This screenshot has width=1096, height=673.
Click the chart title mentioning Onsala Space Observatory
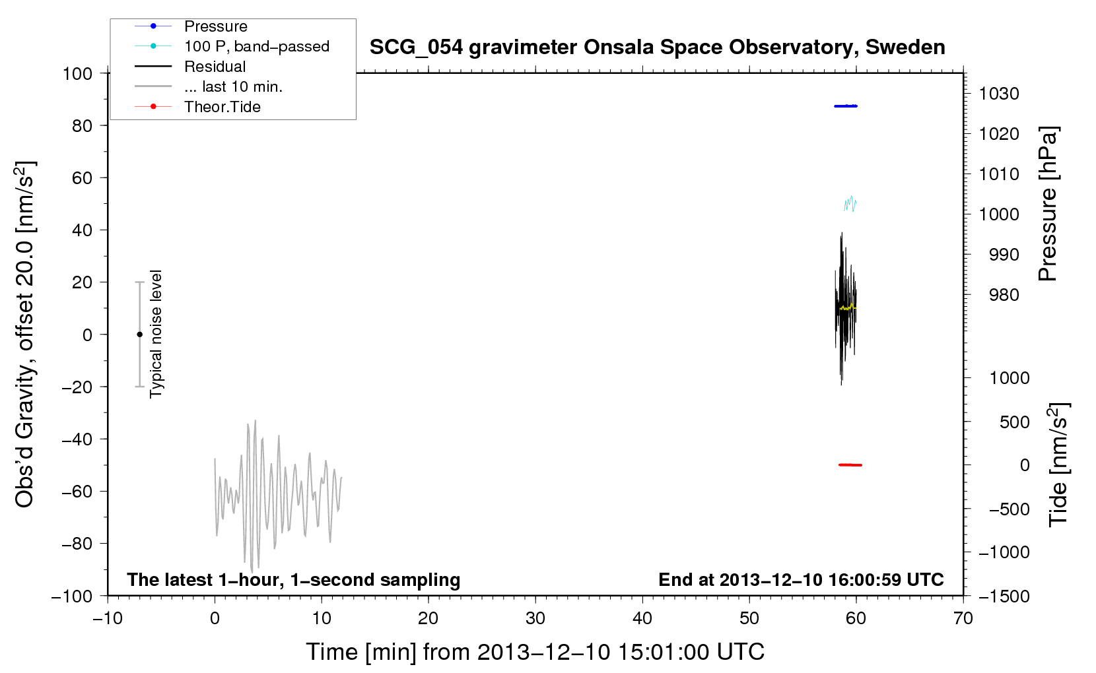pos(657,48)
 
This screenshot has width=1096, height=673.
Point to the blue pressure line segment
pos(846,106)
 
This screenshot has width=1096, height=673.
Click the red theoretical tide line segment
pos(850,465)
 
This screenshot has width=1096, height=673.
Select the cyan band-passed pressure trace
pos(850,203)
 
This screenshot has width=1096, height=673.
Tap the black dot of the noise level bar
pos(139,335)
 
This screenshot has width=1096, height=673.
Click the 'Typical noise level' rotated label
pos(156,334)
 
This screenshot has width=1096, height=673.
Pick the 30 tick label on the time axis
pos(535,618)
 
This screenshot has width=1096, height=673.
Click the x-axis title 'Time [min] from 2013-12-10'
pos(535,653)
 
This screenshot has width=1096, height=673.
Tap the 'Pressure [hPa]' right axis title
pos(1048,204)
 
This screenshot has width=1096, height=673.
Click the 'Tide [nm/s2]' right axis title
pos(1059,465)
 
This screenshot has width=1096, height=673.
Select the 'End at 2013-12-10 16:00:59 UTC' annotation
pos(801,579)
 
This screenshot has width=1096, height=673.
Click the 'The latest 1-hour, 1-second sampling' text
pos(294,580)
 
